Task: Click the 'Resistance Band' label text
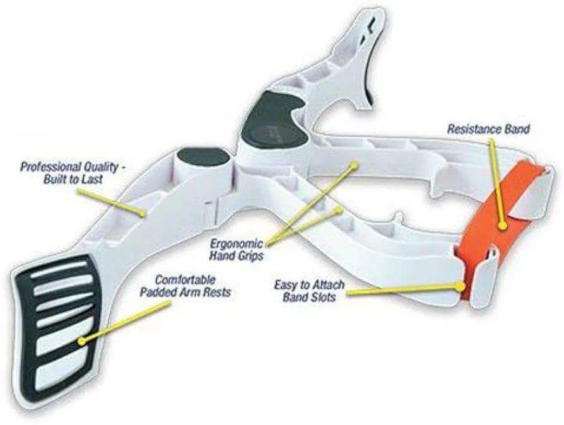488,129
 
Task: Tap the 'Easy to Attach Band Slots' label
309,291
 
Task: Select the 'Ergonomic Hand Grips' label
236,250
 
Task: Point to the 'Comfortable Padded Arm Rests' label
185,286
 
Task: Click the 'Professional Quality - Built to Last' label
73,173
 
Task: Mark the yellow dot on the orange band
503,226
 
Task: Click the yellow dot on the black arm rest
82,341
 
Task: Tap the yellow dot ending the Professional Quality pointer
143,214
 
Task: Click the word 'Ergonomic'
236,243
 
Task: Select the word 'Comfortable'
185,280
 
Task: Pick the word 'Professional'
50,167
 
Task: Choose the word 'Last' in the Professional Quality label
93,179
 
